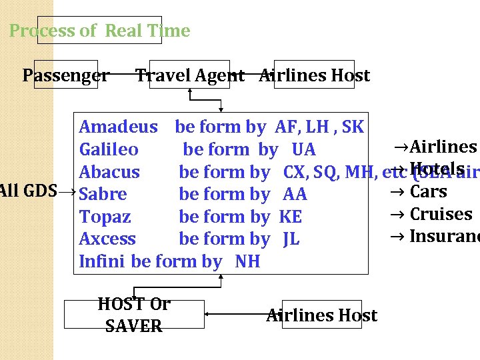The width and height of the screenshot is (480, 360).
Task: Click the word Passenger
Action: (x=65, y=76)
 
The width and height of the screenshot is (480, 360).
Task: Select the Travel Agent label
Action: (x=189, y=76)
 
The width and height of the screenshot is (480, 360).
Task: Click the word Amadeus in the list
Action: (x=118, y=127)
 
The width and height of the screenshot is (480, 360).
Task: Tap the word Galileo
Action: (x=109, y=149)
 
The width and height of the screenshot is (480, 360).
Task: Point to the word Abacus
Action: (x=109, y=172)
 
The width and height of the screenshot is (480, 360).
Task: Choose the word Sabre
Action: (x=103, y=194)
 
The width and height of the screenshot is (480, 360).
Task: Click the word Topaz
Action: (x=105, y=217)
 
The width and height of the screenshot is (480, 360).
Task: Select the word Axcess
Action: (x=107, y=239)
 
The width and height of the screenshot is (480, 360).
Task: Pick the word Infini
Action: (x=102, y=261)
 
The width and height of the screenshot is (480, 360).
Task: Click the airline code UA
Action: (x=303, y=149)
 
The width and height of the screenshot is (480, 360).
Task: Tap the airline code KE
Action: (x=290, y=217)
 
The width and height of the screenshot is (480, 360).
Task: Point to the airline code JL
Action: (x=291, y=239)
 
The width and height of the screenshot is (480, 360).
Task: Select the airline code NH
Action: (x=247, y=261)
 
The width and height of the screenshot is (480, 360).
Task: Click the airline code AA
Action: (x=295, y=194)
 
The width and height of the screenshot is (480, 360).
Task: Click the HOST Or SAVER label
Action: (x=134, y=315)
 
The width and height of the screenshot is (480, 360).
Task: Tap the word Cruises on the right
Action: (x=440, y=214)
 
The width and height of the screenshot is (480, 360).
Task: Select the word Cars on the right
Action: (x=428, y=192)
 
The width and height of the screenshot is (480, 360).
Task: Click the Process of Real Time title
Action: (x=99, y=31)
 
